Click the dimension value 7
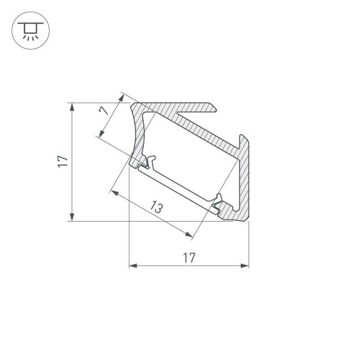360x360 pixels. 104,109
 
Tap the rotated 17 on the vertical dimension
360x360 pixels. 63,162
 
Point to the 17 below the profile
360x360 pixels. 189,258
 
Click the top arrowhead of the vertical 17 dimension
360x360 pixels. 71,106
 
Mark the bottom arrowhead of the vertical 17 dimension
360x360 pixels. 71,218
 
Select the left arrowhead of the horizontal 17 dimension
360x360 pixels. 133,266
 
